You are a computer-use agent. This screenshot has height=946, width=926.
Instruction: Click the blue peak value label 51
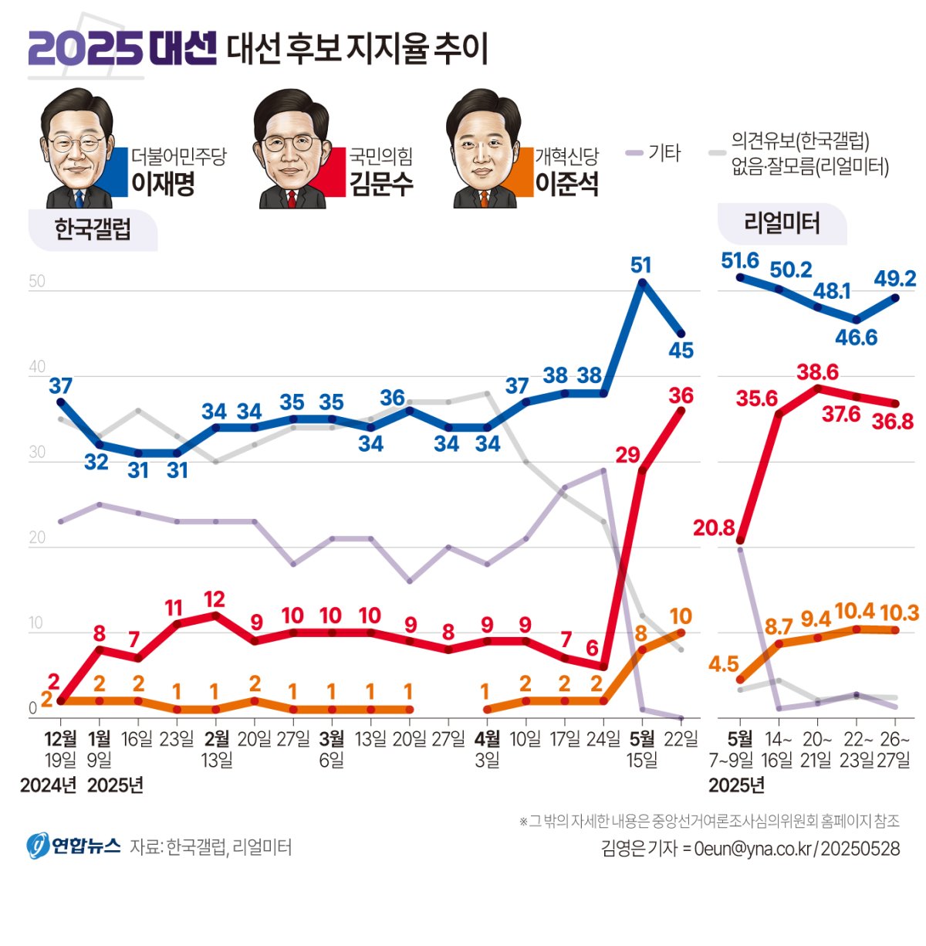click(x=640, y=265)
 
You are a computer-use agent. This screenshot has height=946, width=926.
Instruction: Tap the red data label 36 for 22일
click(x=681, y=395)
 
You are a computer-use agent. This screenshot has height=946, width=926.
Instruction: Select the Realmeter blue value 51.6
click(x=740, y=260)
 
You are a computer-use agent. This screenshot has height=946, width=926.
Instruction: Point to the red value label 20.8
click(x=714, y=527)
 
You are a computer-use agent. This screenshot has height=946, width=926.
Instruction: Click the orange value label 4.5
click(x=723, y=664)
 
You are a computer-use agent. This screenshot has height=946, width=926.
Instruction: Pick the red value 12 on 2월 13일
click(x=215, y=598)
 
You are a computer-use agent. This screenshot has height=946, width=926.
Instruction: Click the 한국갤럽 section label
click(x=93, y=229)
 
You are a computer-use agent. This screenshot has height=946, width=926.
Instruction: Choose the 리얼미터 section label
click(x=782, y=224)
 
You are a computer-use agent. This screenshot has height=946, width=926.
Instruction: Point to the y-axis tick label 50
click(x=37, y=281)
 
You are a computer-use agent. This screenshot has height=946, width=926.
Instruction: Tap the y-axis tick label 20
click(x=37, y=537)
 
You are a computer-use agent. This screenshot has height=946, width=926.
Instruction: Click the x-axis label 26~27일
click(x=894, y=749)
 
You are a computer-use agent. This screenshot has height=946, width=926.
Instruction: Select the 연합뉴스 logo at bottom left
click(x=74, y=846)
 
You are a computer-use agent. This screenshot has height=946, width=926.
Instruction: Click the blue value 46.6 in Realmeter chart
click(x=856, y=337)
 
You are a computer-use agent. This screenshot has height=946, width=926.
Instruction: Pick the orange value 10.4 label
click(x=855, y=612)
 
